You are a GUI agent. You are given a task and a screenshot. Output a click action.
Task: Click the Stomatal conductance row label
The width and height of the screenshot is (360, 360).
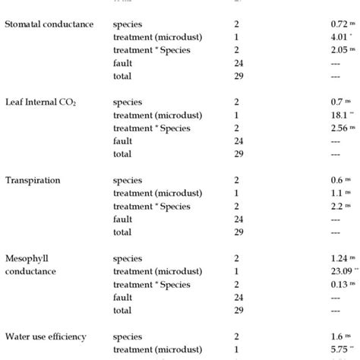(x=49, y=24)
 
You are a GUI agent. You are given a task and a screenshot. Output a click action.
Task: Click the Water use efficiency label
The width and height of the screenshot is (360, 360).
(x=45, y=336)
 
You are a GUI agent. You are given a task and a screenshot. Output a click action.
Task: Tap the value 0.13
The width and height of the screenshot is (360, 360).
(x=332, y=284)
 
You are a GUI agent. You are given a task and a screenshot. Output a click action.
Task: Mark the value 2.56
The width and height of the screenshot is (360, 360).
(x=332, y=128)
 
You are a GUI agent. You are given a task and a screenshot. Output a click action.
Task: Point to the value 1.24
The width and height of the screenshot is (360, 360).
(x=332, y=258)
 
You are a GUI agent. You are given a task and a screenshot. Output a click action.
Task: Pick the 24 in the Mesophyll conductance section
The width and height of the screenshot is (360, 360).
(x=240, y=297)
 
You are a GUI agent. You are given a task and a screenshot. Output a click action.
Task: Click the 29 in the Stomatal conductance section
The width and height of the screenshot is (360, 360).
(x=240, y=76)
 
